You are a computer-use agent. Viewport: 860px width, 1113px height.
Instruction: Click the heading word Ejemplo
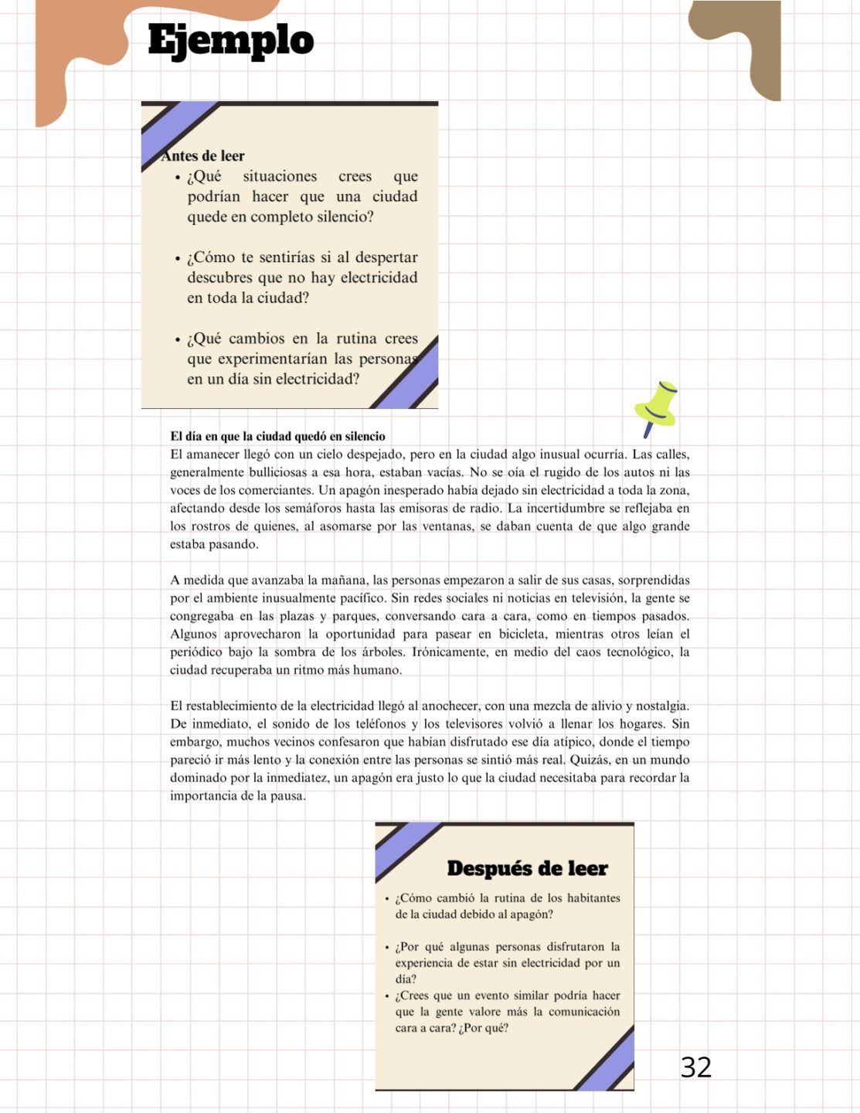pyautogui.click(x=230, y=40)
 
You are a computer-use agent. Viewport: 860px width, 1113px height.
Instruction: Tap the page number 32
pyautogui.click(x=695, y=1067)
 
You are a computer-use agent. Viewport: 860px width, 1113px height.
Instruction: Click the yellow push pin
pyautogui.click(x=656, y=406)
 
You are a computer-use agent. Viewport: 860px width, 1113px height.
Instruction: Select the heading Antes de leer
pyautogui.click(x=203, y=155)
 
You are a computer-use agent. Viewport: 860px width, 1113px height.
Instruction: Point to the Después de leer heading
pyautogui.click(x=527, y=868)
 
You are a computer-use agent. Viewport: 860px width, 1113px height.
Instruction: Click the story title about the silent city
pyautogui.click(x=277, y=436)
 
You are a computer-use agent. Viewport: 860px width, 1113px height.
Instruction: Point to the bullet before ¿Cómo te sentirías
pyautogui.click(x=178, y=258)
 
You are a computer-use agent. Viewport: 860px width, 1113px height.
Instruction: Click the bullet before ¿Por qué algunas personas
pyautogui.click(x=386, y=947)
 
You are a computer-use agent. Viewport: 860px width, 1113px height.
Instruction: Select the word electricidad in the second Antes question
pyautogui.click(x=379, y=277)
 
